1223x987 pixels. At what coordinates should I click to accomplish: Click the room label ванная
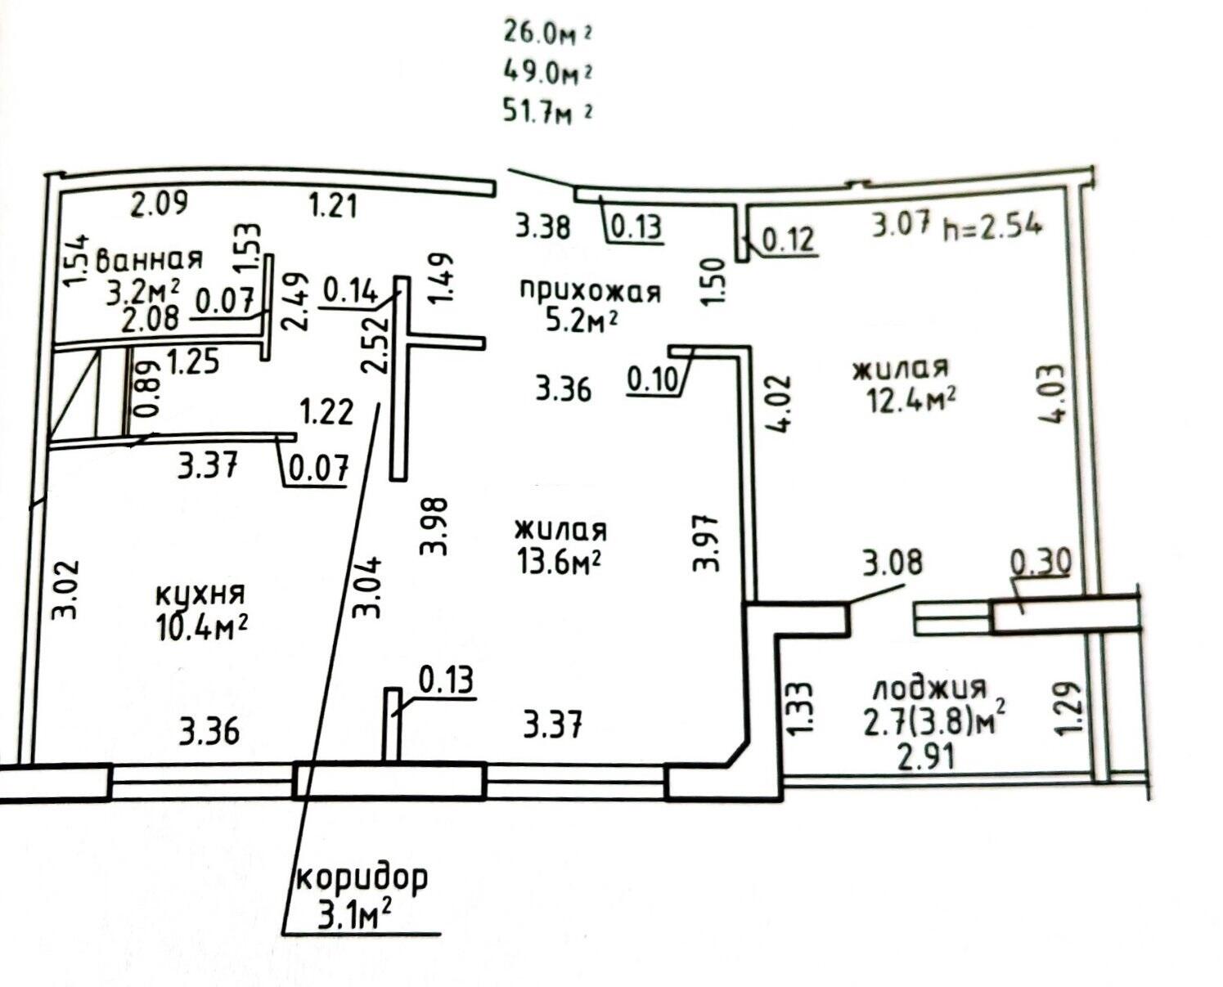pyautogui.click(x=149, y=259)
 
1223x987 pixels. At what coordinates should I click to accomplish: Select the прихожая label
pyautogui.click(x=591, y=291)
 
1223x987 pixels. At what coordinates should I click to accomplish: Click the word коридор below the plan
pyautogui.click(x=362, y=877)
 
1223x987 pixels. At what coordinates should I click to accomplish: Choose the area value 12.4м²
pyautogui.click(x=911, y=400)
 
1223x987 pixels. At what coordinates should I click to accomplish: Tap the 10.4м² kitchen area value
pyautogui.click(x=201, y=627)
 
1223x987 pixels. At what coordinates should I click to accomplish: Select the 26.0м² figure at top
pyautogui.click(x=547, y=34)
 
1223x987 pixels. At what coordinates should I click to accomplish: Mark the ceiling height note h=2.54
pyautogui.click(x=992, y=227)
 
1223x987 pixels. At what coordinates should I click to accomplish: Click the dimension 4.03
pyautogui.click(x=1056, y=393)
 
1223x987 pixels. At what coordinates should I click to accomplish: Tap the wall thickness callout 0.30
pyautogui.click(x=1041, y=561)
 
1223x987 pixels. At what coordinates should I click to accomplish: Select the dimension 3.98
pyautogui.click(x=433, y=526)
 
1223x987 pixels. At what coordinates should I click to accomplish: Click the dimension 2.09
pyautogui.click(x=159, y=203)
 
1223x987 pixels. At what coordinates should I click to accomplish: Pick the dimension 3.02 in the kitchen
pyautogui.click(x=65, y=590)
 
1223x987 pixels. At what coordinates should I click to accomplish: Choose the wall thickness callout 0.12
pyautogui.click(x=788, y=240)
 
